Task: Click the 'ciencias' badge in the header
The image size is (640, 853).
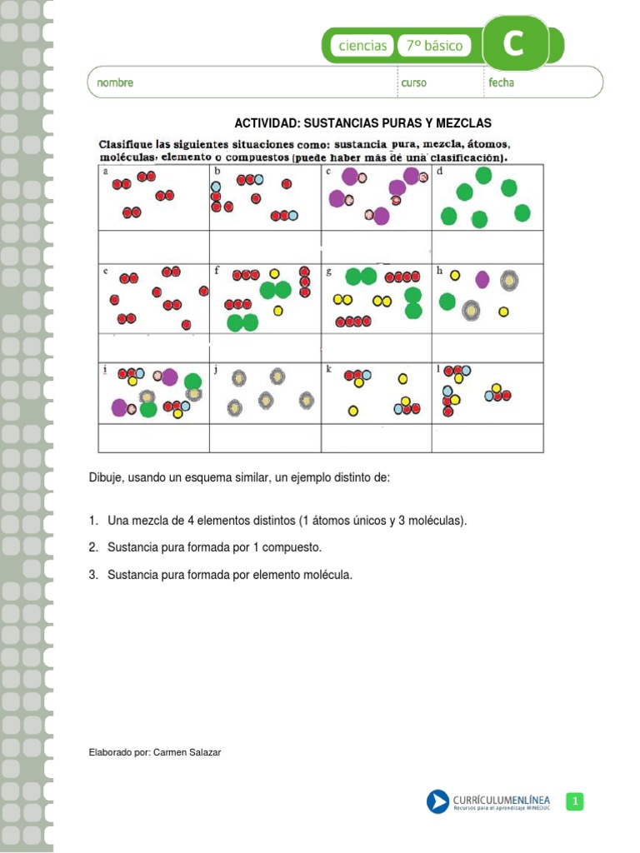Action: click(x=362, y=46)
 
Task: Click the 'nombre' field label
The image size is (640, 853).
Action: click(x=115, y=83)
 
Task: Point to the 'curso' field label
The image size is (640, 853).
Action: click(x=413, y=83)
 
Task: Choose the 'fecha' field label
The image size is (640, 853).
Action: click(x=502, y=83)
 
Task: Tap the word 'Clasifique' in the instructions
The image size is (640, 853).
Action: click(x=131, y=144)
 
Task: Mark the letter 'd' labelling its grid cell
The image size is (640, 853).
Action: click(x=439, y=171)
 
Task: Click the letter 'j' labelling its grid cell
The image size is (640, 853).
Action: click(x=215, y=370)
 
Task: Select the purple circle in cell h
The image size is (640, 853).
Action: click(x=482, y=279)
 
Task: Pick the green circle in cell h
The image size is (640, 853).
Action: click(x=447, y=301)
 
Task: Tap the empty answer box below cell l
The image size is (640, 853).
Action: click(x=487, y=437)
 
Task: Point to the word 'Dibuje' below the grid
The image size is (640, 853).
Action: click(x=106, y=478)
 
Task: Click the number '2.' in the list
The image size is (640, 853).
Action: click(x=93, y=547)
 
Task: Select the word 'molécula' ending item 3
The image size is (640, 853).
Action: click(x=330, y=574)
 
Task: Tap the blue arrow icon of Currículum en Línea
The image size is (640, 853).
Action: click(x=437, y=801)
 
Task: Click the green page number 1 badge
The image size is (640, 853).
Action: click(x=574, y=801)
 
